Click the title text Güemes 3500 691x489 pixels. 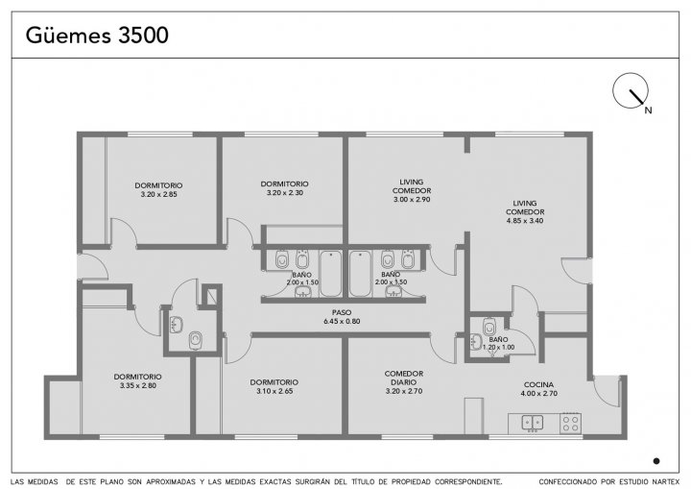(x=97, y=35)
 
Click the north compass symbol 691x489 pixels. (x=631, y=91)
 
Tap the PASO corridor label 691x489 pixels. (x=342, y=313)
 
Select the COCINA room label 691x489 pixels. (x=538, y=385)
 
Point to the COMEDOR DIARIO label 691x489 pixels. (x=404, y=378)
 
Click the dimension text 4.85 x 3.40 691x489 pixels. (x=525, y=221)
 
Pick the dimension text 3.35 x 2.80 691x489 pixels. (x=138, y=386)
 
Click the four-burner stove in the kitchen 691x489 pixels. (x=571, y=424)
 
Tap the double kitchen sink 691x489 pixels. (x=533, y=423)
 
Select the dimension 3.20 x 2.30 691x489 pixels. (x=285, y=193)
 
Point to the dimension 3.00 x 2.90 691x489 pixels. (x=412, y=200)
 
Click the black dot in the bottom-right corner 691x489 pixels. (x=656, y=461)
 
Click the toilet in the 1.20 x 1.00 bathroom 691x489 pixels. (x=488, y=327)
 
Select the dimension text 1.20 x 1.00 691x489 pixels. (x=498, y=348)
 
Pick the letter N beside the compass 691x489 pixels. (x=648, y=110)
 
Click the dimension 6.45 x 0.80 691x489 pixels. (x=342, y=321)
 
